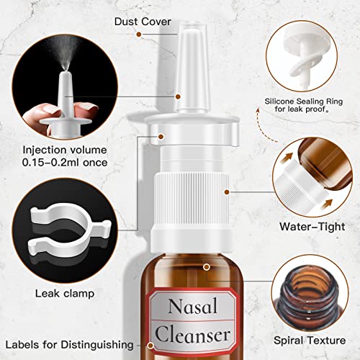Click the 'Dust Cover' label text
click(143, 22)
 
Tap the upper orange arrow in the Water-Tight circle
click(287, 154)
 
